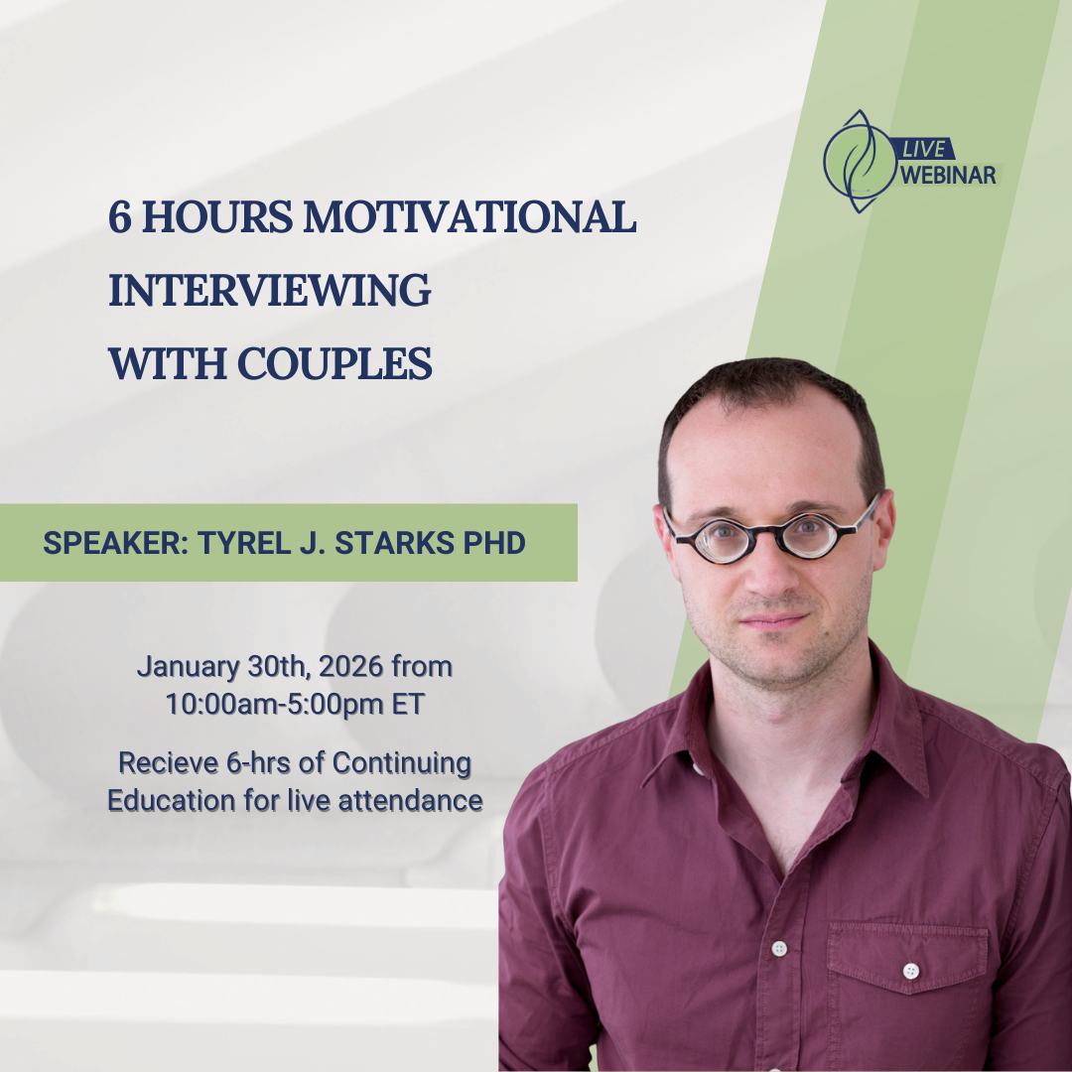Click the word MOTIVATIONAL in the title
point(469,216)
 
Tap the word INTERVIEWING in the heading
point(269,290)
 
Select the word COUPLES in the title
point(335,363)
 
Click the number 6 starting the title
point(120,217)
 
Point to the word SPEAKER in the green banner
point(112,543)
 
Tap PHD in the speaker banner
point(494,543)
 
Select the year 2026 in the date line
point(350,666)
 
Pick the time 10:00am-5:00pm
point(275,704)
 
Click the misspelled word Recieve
point(168,762)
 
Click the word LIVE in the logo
point(924,149)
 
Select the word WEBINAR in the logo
point(948,175)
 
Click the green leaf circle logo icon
point(859,162)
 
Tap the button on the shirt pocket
point(910,970)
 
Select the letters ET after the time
point(408,704)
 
